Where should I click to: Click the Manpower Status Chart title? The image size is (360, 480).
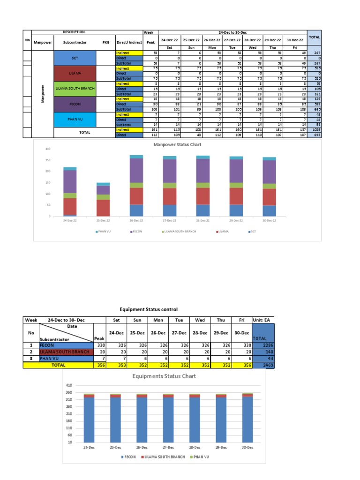click(x=176, y=145)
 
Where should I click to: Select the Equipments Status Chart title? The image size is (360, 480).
click(x=164, y=376)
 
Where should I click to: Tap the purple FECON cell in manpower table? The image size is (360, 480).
click(x=75, y=104)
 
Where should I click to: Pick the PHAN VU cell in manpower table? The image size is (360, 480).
click(x=75, y=119)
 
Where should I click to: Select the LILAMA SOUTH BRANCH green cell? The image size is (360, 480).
click(x=75, y=88)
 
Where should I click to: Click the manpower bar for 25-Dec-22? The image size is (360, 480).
click(x=103, y=199)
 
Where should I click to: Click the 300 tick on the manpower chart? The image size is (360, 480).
click(x=47, y=149)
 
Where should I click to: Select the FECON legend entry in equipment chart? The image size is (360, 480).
click(x=128, y=457)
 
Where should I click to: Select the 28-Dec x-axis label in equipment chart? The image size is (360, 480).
click(x=194, y=448)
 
